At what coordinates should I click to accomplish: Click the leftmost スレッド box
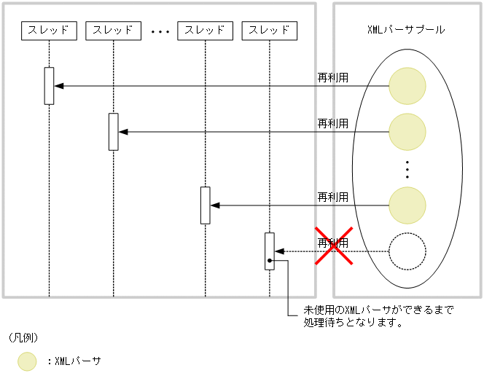[49, 30]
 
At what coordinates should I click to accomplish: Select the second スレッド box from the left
[113, 30]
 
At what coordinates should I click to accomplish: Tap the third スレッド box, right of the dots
[205, 30]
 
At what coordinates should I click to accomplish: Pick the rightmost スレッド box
[269, 30]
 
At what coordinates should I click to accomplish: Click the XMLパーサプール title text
[406, 30]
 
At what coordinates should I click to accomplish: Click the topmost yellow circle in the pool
[407, 86]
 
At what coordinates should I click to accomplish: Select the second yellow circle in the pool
[407, 132]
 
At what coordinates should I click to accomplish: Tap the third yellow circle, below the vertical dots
[407, 205]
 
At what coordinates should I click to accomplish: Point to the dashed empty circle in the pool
[407, 252]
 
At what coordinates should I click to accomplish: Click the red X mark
[334, 246]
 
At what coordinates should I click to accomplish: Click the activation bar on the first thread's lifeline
[49, 86]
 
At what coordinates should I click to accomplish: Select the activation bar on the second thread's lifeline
[113, 132]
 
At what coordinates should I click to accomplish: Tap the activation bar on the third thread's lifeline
[205, 205]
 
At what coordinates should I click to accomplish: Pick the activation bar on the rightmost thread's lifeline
[269, 251]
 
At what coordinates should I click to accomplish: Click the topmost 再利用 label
[332, 77]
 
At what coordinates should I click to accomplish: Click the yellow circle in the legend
[27, 361]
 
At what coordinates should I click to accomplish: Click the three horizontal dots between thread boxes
[160, 32]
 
